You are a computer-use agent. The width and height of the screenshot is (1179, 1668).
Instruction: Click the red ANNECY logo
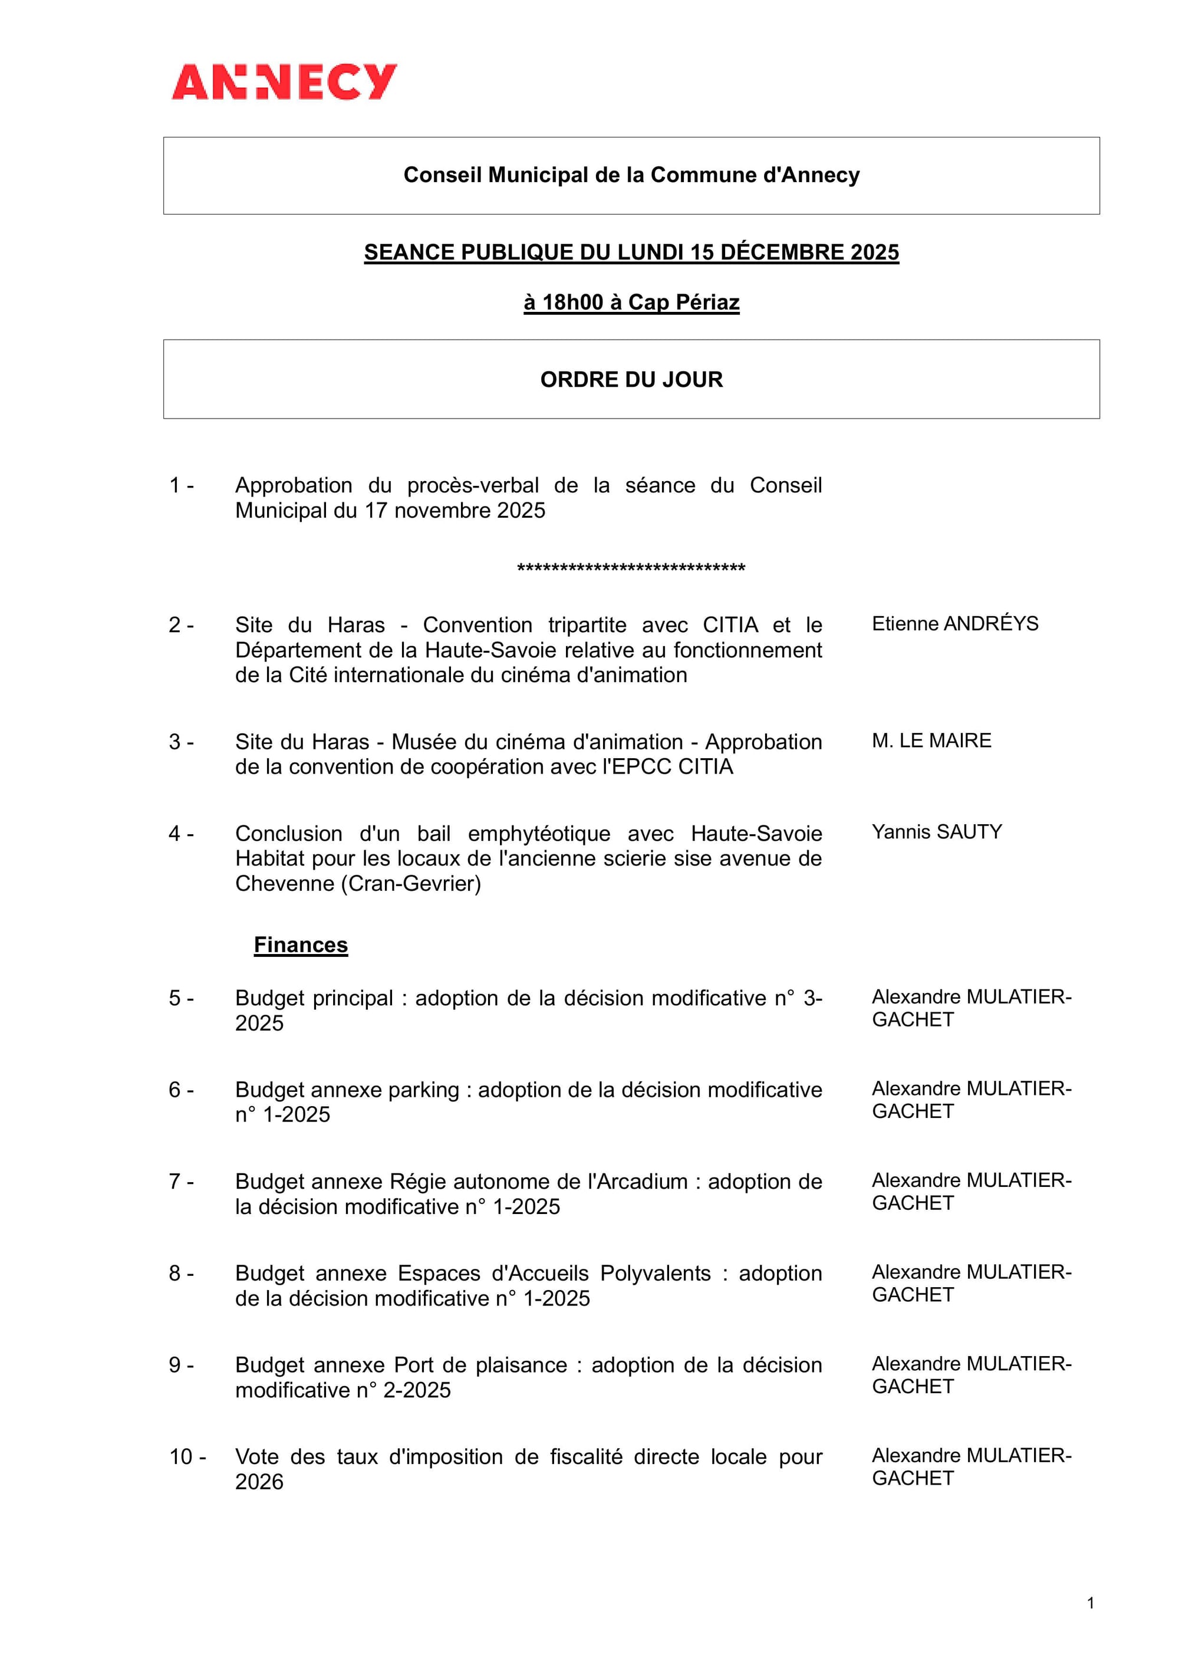[284, 81]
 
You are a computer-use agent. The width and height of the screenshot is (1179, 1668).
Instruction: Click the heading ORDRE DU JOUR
[631, 379]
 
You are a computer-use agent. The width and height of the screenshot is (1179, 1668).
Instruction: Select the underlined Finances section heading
[301, 945]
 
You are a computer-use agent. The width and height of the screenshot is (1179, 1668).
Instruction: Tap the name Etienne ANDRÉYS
[954, 623]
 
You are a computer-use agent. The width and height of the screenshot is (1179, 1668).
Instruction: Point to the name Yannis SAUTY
[936, 832]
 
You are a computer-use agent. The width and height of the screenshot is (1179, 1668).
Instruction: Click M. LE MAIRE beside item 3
[931, 741]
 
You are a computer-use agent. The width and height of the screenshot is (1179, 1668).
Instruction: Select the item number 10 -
[187, 1456]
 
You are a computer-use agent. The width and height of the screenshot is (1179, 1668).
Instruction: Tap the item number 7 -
[181, 1181]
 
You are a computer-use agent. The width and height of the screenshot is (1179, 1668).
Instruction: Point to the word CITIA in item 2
[730, 625]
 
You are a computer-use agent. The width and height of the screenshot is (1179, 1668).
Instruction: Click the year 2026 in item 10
[259, 1481]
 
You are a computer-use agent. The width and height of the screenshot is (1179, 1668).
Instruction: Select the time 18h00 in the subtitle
[572, 302]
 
